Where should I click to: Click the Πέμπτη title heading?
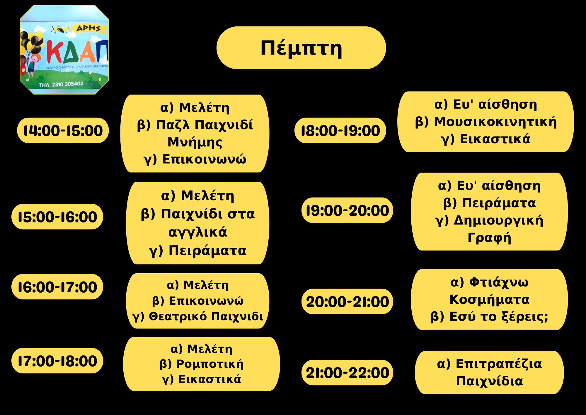301,48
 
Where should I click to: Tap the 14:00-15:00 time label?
63,131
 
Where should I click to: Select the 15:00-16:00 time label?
57,217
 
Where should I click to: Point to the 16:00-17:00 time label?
57,287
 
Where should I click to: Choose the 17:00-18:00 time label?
57,361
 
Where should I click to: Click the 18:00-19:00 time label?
340,131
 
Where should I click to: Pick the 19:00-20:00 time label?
347,210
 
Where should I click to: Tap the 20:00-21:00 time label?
347,302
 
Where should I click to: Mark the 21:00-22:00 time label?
347,373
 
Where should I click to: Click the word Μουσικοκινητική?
495,122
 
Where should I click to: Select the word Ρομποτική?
210,364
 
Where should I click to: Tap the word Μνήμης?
195,142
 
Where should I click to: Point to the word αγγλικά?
198,232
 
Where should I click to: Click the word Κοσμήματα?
490,299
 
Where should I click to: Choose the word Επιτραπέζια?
499,364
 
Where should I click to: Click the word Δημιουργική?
498,220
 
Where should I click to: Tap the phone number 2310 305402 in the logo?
67,84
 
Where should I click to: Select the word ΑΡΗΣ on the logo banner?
88,28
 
